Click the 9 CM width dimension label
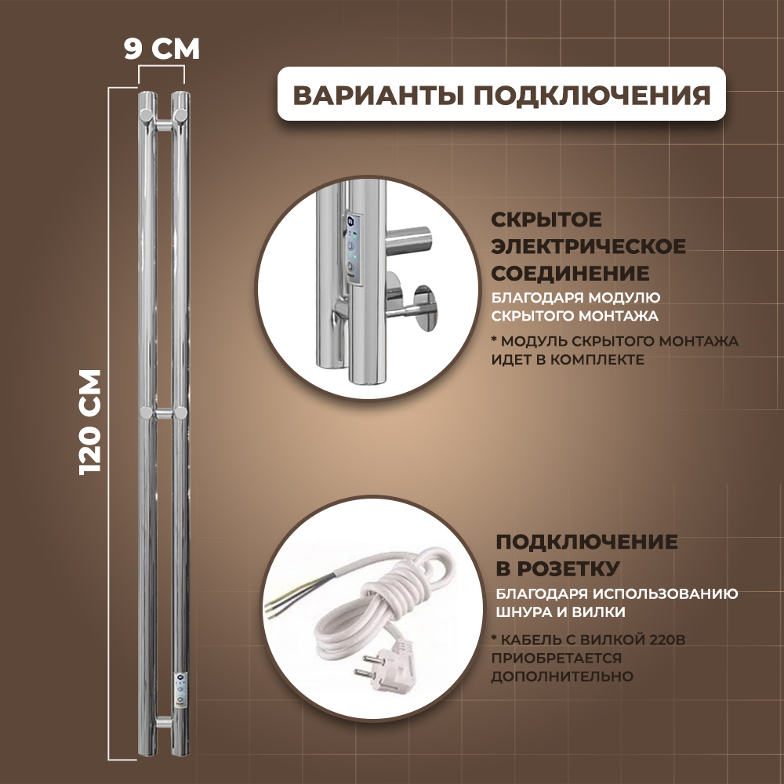[162, 48]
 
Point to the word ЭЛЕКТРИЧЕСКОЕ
[588, 247]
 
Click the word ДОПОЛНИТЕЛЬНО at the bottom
[562, 675]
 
